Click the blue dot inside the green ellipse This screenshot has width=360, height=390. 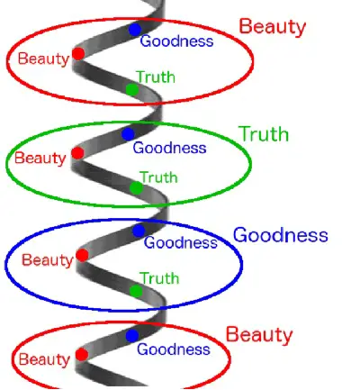[x=128, y=134]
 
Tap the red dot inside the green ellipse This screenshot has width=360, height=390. [x=77, y=153]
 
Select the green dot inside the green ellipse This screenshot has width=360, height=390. [x=137, y=188]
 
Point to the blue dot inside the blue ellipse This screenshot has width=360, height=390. [x=139, y=231]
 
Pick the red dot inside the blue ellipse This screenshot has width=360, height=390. [x=82, y=255]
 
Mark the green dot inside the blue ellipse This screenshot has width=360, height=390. [x=136, y=291]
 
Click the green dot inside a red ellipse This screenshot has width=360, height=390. [x=132, y=90]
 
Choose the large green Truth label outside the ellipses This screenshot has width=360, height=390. [x=264, y=134]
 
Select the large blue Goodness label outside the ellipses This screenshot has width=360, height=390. [x=281, y=235]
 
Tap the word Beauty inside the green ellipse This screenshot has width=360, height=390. [x=40, y=159]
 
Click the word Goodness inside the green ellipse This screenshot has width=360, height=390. [x=169, y=148]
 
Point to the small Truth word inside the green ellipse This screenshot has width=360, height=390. [x=158, y=177]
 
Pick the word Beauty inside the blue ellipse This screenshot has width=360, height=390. [x=48, y=260]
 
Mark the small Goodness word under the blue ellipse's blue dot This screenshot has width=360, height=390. [x=181, y=242]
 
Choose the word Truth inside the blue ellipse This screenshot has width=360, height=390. [x=159, y=278]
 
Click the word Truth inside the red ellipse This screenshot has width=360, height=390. [x=156, y=77]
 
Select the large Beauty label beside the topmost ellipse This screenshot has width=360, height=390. [x=273, y=27]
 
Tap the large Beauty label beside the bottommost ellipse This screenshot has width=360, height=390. [x=259, y=335]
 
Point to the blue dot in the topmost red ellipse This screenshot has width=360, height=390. [x=135, y=30]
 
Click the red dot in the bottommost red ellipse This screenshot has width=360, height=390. [x=82, y=355]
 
